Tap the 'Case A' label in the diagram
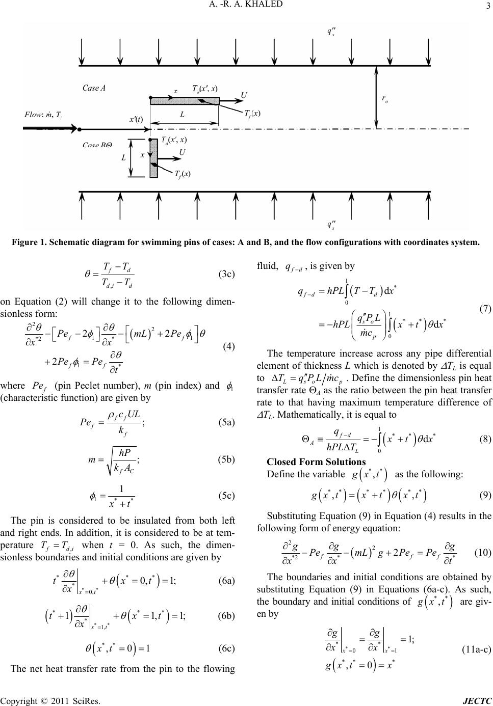pos(94,88)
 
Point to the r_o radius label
pos(385,101)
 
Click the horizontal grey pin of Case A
pos(185,100)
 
